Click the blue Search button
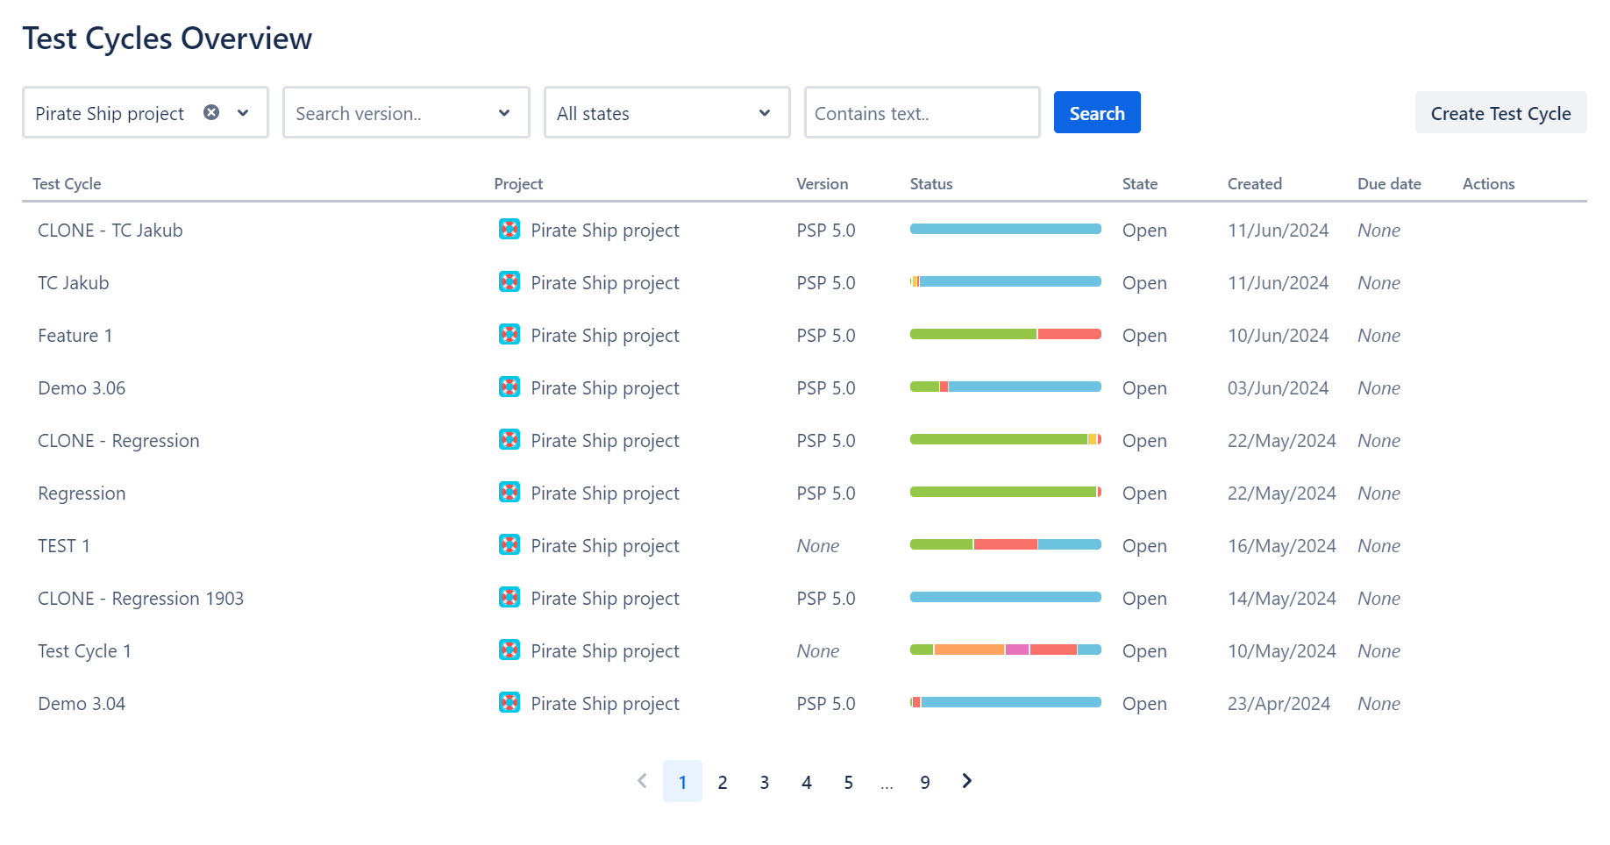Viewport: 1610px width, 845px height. click(x=1096, y=113)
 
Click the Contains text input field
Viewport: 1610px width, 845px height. click(x=921, y=113)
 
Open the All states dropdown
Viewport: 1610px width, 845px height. click(x=666, y=113)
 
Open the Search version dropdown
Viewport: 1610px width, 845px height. click(x=406, y=113)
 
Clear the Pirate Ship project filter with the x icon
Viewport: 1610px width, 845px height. click(x=211, y=112)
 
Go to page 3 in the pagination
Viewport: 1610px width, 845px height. click(x=765, y=782)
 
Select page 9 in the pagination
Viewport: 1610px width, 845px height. click(x=925, y=782)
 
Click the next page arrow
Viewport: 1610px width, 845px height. click(x=966, y=781)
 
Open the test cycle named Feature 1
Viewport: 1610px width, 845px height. click(x=75, y=336)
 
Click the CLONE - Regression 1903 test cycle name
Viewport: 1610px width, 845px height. click(x=140, y=599)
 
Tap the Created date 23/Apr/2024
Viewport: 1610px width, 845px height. click(x=1279, y=704)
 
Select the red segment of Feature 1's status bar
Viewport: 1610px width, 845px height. click(x=1069, y=334)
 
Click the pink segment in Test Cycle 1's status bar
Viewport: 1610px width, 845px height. click(x=1017, y=650)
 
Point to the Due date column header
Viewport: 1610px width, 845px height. click(x=1389, y=184)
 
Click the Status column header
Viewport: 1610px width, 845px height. click(x=931, y=184)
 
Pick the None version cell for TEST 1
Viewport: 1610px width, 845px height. click(x=818, y=546)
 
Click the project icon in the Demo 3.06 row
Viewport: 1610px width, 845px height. click(x=509, y=387)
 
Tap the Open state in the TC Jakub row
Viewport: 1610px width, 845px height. click(x=1144, y=283)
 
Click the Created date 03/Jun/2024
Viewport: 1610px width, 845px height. click(x=1278, y=388)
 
